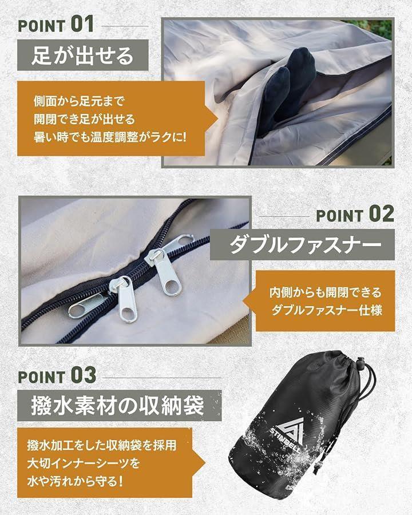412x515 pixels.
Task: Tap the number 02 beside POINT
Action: (x=381, y=214)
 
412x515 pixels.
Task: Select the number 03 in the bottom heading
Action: (x=84, y=375)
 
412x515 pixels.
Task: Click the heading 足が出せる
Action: (x=82, y=55)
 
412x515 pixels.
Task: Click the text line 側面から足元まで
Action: (x=79, y=101)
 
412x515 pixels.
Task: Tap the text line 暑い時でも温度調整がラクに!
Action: (x=110, y=137)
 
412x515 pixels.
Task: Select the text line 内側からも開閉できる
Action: (x=325, y=292)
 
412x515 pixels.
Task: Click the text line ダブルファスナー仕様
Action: (x=327, y=310)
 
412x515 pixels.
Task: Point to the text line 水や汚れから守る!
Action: (x=75, y=481)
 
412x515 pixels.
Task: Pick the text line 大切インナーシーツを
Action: (x=84, y=463)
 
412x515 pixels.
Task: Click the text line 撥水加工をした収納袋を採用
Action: (x=102, y=445)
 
